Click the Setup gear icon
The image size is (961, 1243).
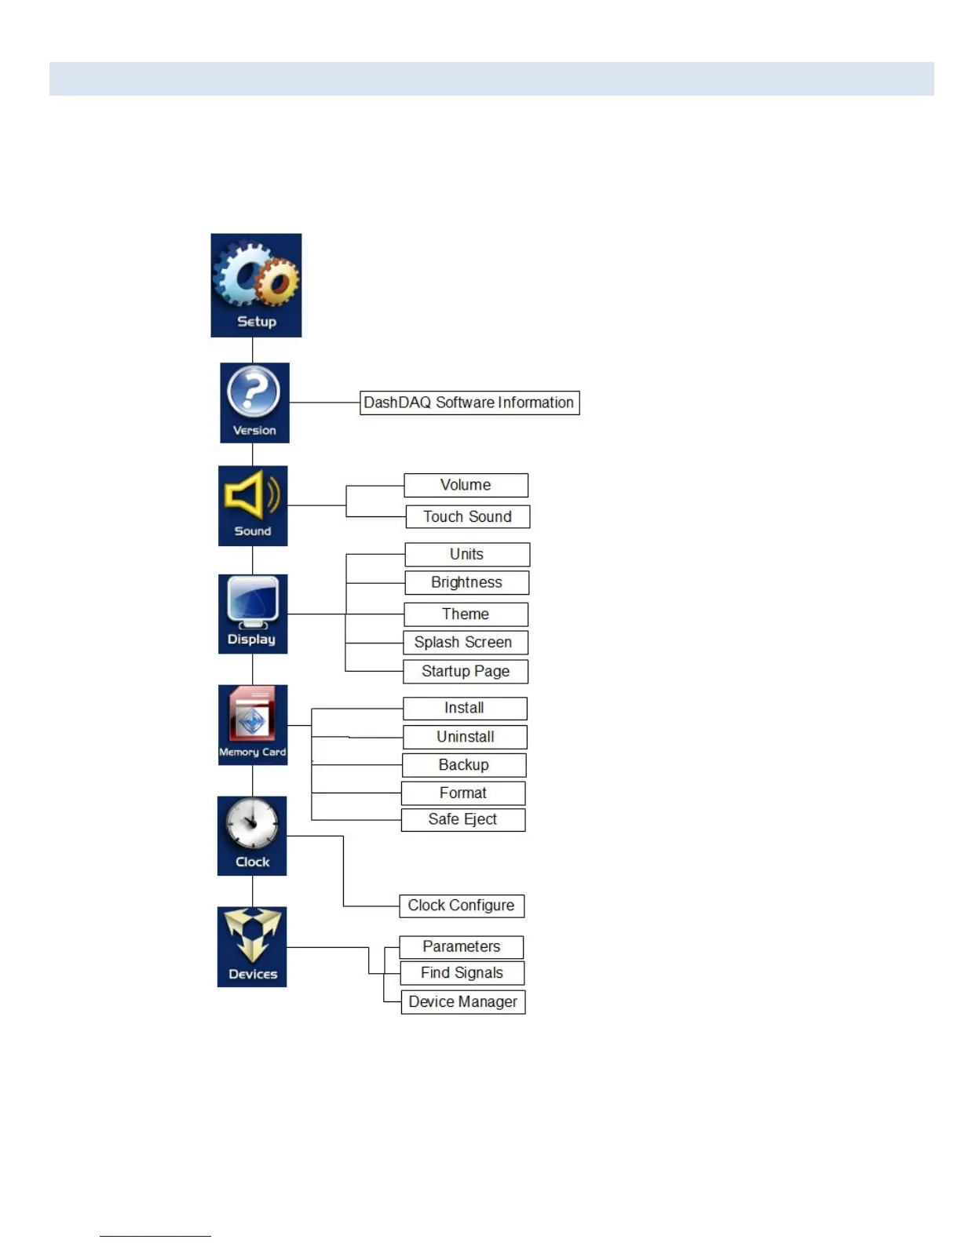[x=255, y=285]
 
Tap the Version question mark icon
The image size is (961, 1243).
[x=254, y=402]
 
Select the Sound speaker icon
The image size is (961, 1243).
[x=253, y=505]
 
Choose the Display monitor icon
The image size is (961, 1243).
[x=253, y=614]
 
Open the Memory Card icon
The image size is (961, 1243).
[x=253, y=724]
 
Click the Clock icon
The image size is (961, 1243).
[x=252, y=835]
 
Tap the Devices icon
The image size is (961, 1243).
[x=252, y=946]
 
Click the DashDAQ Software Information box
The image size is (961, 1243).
[x=470, y=403]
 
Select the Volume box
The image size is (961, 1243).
[x=466, y=485]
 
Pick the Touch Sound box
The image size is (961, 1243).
[x=467, y=516]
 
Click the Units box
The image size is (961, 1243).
[x=467, y=554]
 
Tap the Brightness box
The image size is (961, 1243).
[x=466, y=582]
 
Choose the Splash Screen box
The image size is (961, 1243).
[x=465, y=642]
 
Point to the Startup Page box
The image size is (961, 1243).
[x=465, y=671]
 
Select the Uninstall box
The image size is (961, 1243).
[x=465, y=736]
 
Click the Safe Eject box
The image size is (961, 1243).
[x=462, y=819]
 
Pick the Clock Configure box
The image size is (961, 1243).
[x=461, y=906]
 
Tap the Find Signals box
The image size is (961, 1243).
[x=462, y=973]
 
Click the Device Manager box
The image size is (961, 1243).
[x=462, y=1002]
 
